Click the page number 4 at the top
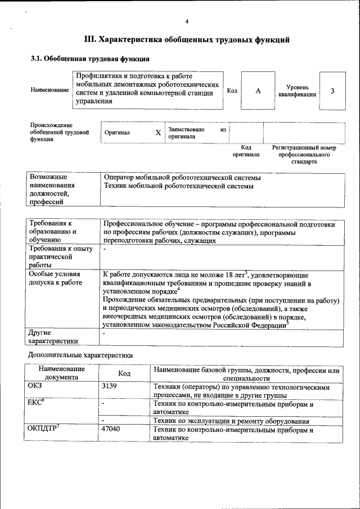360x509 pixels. tap(187, 21)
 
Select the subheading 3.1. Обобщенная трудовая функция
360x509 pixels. tap(89, 59)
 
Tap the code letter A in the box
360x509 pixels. tap(258, 91)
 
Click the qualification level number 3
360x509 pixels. tap(332, 91)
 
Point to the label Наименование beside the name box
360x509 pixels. tap(50, 90)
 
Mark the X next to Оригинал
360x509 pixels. tap(158, 133)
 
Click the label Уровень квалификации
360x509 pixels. tap(297, 91)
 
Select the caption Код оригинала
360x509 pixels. tap(246, 151)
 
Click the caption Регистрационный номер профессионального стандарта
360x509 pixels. tap(304, 154)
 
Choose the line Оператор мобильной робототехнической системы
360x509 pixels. tap(182, 178)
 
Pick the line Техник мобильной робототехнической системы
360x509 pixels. tap(178, 186)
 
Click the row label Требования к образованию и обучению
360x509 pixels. tap(54, 231)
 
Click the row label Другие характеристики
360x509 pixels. tap(53, 337)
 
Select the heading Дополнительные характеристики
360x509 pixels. tap(80, 355)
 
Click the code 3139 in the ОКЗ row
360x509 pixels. tap(111, 387)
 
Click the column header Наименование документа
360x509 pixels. tap(62, 373)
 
